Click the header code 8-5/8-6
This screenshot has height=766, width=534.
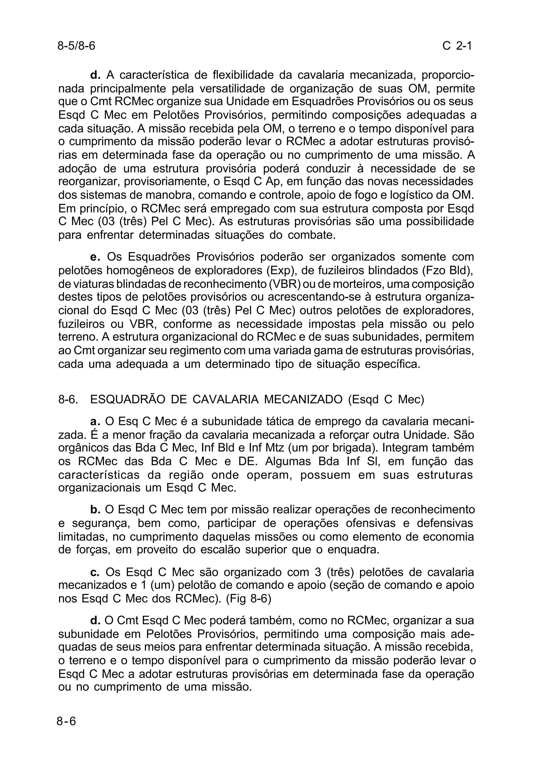[x=76, y=46]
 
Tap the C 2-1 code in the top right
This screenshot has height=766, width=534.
[x=457, y=46]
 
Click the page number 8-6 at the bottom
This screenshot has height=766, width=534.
[x=66, y=721]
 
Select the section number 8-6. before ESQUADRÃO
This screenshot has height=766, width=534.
[x=68, y=399]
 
